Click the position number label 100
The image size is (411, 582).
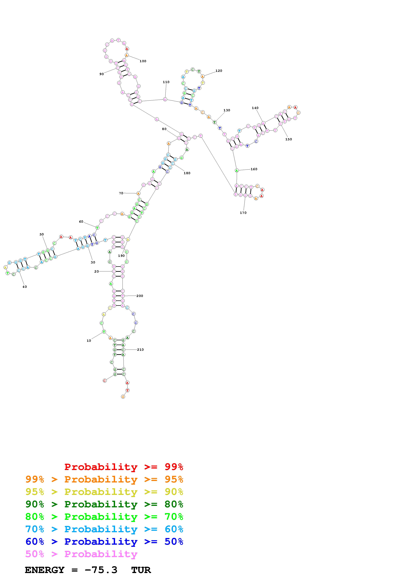[x=143, y=61]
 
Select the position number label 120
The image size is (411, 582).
[x=219, y=71]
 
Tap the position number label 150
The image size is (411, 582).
[x=288, y=139]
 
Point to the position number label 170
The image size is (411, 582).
[x=243, y=213]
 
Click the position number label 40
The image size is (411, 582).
[x=25, y=287]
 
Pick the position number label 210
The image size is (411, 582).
[x=140, y=350]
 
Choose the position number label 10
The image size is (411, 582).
[x=89, y=341]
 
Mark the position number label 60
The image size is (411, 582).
[x=81, y=221]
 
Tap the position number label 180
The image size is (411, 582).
[x=187, y=173]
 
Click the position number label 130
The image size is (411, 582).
[x=227, y=110]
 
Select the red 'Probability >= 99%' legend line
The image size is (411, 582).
[x=124, y=467]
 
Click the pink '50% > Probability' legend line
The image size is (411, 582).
[x=81, y=554]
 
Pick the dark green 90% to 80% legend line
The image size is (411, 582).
[x=104, y=504]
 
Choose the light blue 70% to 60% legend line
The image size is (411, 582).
[x=104, y=529]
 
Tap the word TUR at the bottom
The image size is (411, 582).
[x=141, y=570]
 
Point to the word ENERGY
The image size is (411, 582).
[x=45, y=570]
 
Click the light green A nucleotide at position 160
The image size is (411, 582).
[x=237, y=170]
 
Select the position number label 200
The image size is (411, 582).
[x=140, y=296]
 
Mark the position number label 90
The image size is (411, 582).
[x=101, y=74]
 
